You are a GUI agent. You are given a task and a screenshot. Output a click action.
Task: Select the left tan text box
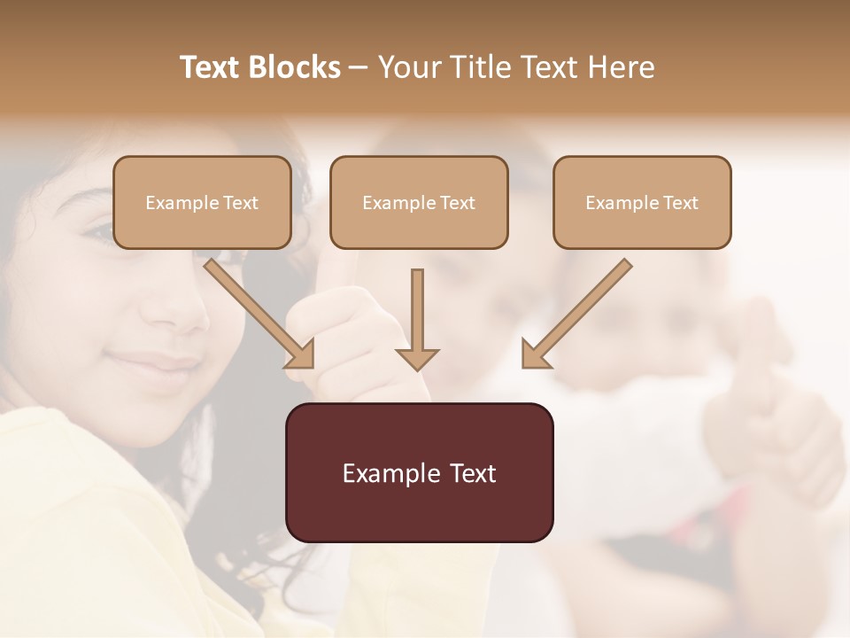(x=202, y=202)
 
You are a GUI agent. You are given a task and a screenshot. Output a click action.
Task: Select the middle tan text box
(x=419, y=202)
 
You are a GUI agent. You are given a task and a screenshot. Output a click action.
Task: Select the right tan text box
(x=642, y=202)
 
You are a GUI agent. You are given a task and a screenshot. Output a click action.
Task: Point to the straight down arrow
(x=417, y=319)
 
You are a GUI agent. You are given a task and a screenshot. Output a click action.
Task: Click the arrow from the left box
(x=261, y=315)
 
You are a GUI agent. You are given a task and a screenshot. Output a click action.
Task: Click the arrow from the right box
(x=576, y=315)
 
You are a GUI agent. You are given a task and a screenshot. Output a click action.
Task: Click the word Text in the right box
(x=680, y=203)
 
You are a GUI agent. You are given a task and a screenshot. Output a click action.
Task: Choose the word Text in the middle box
(x=457, y=203)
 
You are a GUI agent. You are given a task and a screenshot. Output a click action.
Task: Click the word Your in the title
(x=408, y=67)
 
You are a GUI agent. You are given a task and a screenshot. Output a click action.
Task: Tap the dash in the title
(x=359, y=67)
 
